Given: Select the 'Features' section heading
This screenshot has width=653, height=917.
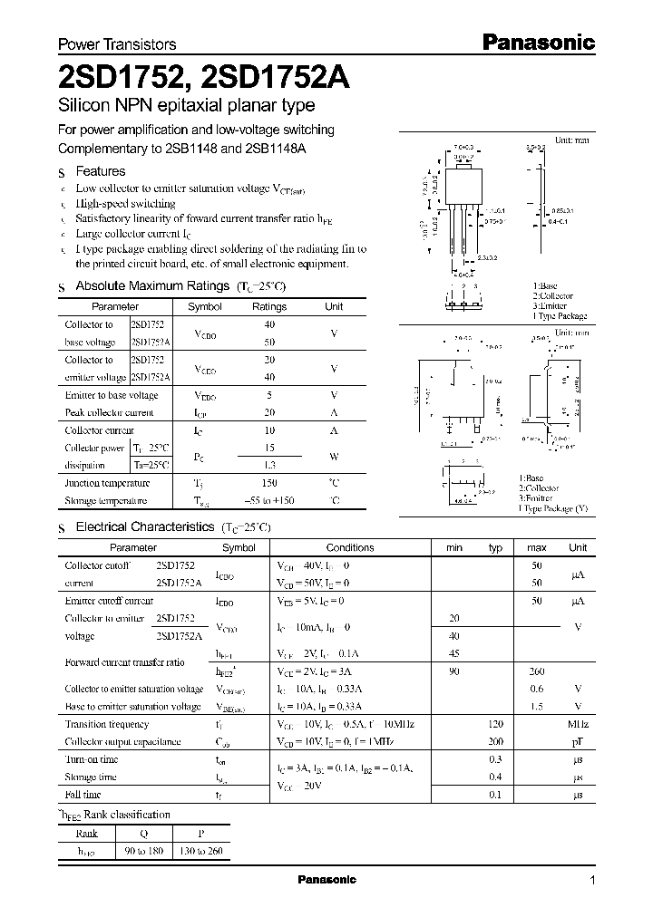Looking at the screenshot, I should (x=100, y=171).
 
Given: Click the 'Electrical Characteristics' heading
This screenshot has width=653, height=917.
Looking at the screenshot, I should (x=144, y=526).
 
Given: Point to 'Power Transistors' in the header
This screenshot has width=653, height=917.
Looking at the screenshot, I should (x=117, y=43).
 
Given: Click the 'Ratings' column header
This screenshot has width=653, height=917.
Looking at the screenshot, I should (x=268, y=307).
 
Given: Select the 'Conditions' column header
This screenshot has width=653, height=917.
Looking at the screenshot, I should (x=350, y=547).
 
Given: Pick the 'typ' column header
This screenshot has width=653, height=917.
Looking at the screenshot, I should (x=495, y=547).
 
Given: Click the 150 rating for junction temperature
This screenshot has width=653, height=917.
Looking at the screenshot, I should (x=268, y=484).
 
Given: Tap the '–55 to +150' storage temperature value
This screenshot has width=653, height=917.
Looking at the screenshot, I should (x=268, y=501).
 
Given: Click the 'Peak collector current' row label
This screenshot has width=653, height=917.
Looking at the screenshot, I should (x=109, y=412).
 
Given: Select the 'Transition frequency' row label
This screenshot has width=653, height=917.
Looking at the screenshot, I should (x=106, y=724).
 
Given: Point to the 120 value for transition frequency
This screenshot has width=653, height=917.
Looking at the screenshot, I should (x=495, y=724).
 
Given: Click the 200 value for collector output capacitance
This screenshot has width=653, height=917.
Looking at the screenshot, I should (x=495, y=741).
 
